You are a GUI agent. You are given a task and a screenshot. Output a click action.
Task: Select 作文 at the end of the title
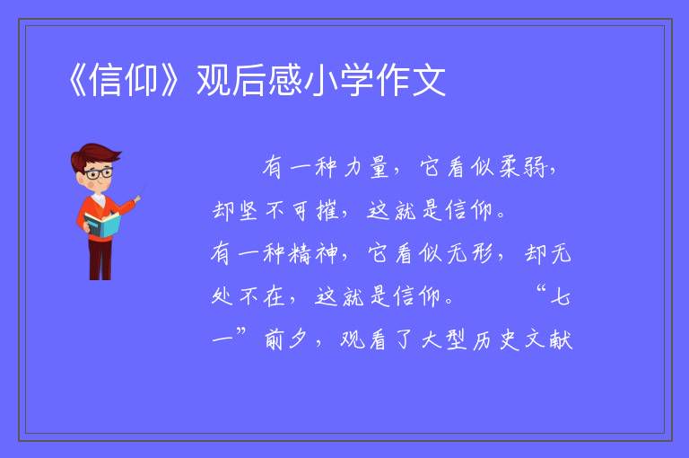point(411,80)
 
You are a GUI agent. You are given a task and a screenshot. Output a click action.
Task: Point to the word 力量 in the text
point(366,167)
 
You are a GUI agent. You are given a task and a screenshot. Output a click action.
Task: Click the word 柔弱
point(521,167)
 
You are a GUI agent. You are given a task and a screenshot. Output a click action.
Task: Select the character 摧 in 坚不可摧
point(327,211)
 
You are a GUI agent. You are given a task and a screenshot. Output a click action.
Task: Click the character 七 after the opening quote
point(561,297)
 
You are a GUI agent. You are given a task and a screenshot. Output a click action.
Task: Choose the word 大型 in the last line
point(444,339)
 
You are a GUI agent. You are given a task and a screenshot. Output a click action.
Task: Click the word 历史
point(496,339)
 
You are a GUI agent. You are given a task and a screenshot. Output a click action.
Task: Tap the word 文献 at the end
point(548,339)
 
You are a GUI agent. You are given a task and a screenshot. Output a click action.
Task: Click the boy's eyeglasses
point(99,173)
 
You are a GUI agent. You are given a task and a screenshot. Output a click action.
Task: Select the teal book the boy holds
point(101,225)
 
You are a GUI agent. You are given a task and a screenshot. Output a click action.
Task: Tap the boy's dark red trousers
point(100,260)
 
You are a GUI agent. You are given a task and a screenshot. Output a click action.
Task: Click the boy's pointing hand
point(137,198)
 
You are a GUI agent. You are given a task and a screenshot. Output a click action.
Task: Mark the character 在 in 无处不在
point(275,297)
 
